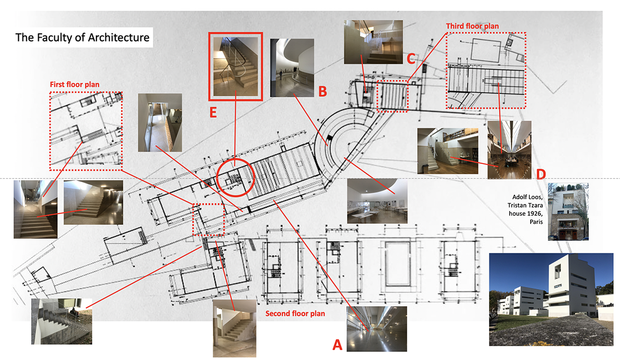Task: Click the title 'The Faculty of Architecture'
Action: (x=82, y=38)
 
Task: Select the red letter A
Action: (x=337, y=344)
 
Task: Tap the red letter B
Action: (x=323, y=91)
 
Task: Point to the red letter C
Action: (x=411, y=59)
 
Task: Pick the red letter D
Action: (x=540, y=174)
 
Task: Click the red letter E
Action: (x=213, y=112)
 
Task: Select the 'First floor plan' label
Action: (x=74, y=84)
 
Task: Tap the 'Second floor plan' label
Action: (x=295, y=313)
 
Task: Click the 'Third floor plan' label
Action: (x=472, y=26)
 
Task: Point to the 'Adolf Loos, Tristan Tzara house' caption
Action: (x=525, y=209)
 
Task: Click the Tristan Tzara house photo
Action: (x=568, y=212)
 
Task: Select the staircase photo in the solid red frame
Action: (x=236, y=66)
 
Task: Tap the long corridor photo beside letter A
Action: (x=376, y=329)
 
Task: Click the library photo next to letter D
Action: (x=509, y=150)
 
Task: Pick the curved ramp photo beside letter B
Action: (x=292, y=68)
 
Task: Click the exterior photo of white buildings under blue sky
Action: (x=551, y=300)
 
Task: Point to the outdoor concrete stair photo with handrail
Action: (x=62, y=321)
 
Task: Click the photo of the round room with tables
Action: (x=377, y=201)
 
